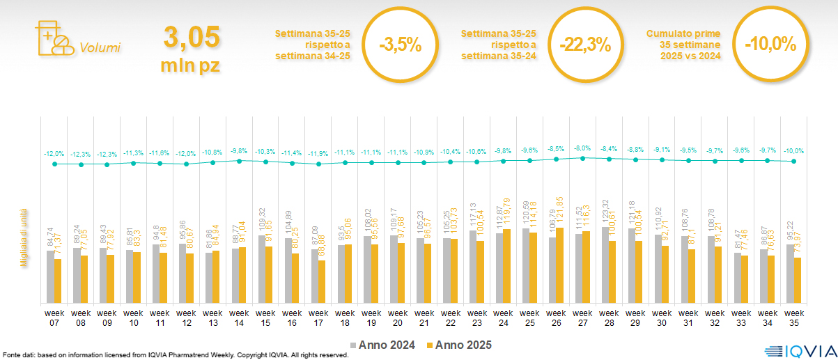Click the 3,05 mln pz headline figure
191,47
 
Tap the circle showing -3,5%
401,45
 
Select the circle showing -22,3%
584,45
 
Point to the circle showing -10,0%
770,45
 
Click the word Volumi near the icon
100,48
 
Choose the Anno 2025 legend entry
460,345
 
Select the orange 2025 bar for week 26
560,265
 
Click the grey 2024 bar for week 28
605,265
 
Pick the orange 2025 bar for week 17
322,281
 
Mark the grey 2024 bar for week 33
737,278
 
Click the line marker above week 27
582,158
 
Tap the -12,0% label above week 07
54,153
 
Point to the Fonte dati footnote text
174,355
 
